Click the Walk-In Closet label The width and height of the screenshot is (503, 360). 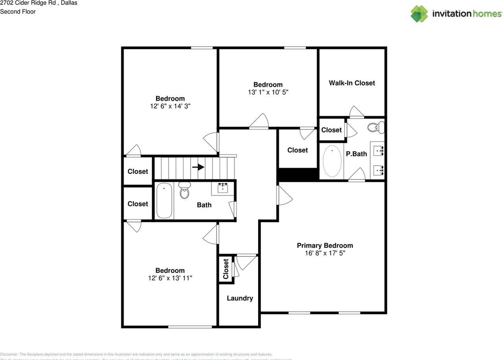[352, 83]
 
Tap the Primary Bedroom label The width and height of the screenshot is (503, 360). [325, 245]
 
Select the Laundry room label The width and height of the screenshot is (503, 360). [240, 298]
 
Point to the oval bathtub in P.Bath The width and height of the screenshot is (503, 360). [332, 161]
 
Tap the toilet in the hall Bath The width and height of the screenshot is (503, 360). [184, 190]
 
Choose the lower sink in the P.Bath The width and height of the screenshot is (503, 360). [379, 170]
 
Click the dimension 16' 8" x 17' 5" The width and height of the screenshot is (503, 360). [325, 253]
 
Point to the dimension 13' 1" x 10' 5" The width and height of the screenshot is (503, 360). [268, 92]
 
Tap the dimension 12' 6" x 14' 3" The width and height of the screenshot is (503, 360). [170, 106]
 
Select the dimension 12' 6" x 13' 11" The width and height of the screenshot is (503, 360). [170, 278]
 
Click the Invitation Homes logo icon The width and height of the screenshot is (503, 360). [419, 14]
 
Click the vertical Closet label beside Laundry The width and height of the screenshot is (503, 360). [226, 269]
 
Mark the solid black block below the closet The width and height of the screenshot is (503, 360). [297, 174]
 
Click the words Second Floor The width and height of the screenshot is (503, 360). [18, 12]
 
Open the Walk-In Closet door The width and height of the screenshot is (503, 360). [357, 112]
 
